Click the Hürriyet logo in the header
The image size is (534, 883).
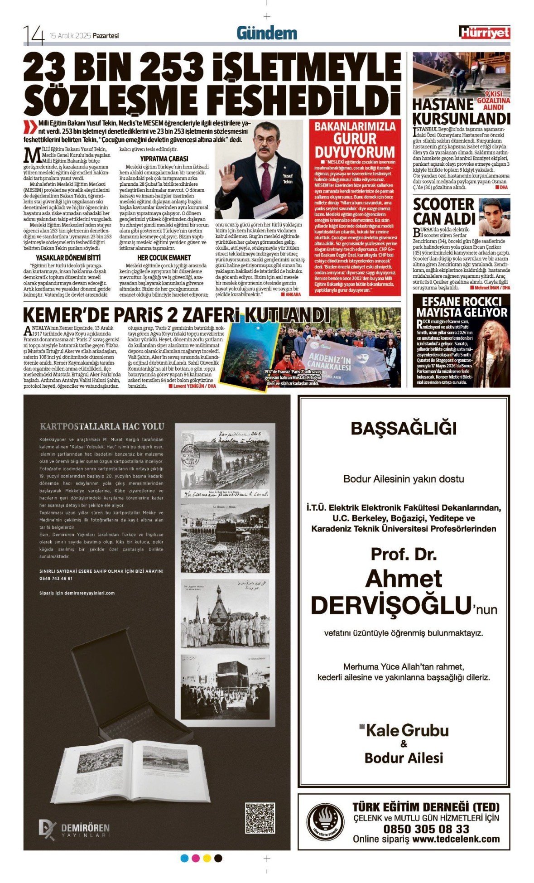(484, 33)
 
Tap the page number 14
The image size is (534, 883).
(34, 35)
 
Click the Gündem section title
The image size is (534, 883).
(267, 33)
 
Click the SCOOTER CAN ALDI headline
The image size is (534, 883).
(443, 211)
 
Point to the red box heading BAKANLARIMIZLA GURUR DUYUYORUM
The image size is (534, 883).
(355, 139)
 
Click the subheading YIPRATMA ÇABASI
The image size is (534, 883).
(164, 159)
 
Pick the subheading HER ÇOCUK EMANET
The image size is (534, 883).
(164, 257)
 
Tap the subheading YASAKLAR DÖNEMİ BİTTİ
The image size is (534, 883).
(68, 257)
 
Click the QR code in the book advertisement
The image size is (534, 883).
(260, 818)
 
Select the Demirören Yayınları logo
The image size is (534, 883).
(74, 830)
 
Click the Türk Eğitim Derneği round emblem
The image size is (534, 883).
(325, 821)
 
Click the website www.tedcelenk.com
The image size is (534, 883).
(456, 839)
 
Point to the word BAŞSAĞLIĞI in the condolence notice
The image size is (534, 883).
(404, 429)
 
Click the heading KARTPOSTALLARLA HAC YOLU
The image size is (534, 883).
(102, 426)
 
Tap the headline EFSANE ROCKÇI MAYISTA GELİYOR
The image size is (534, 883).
(462, 307)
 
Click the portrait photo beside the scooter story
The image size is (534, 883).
(494, 217)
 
